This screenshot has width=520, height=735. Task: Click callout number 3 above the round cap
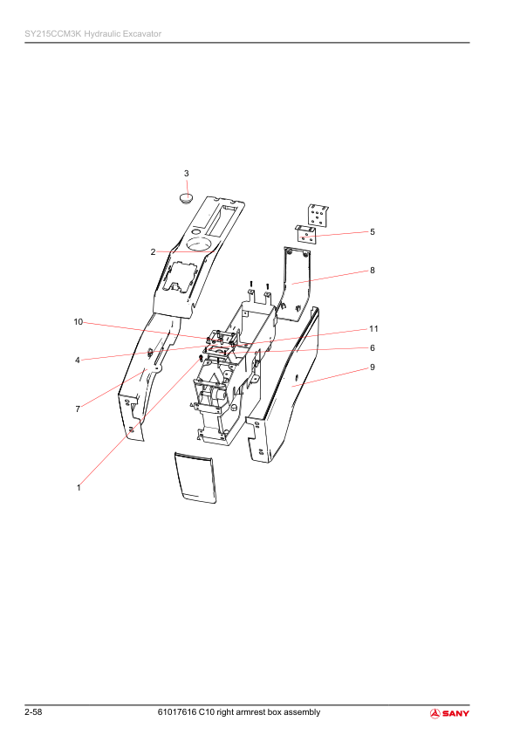(x=187, y=174)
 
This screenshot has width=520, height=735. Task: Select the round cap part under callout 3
(x=187, y=198)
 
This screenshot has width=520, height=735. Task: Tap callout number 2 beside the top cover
(x=153, y=252)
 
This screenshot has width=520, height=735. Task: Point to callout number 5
(x=373, y=232)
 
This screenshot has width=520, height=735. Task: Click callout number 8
(x=373, y=271)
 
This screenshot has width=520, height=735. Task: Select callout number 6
(x=373, y=347)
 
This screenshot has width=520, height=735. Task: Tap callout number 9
(x=373, y=367)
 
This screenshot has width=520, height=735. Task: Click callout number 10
(x=79, y=322)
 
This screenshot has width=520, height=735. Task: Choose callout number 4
(x=78, y=361)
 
